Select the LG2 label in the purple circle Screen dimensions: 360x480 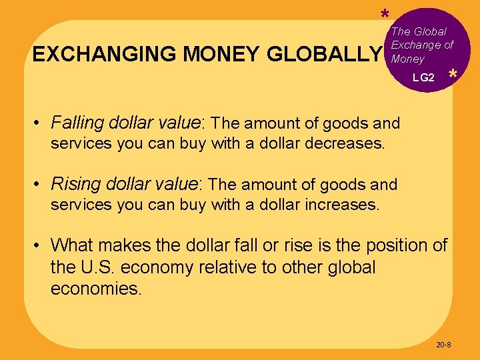click(x=423, y=78)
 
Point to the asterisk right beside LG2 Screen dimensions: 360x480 click(x=453, y=76)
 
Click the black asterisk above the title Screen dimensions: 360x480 click(x=385, y=15)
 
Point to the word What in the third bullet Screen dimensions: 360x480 click(x=71, y=245)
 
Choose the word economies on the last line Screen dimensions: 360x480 click(x=95, y=289)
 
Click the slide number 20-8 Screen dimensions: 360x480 click(x=443, y=345)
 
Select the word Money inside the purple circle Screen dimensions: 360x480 click(x=407, y=59)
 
